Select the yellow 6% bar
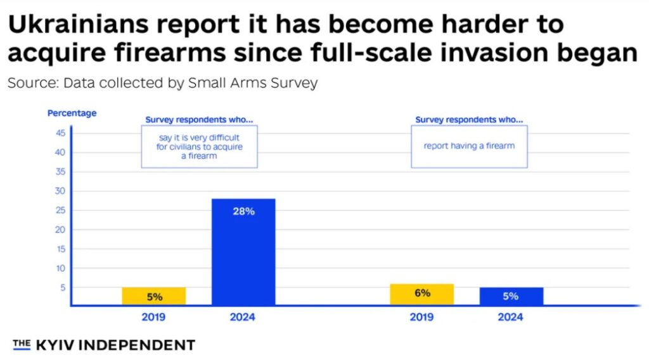click(x=421, y=295)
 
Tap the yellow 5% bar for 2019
click(x=154, y=296)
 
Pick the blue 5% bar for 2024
click(x=511, y=296)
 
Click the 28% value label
click(x=243, y=211)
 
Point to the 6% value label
click(x=422, y=293)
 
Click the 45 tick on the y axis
click(x=61, y=133)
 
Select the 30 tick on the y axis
click(x=61, y=191)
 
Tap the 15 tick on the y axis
click(x=61, y=249)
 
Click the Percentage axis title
click(x=72, y=113)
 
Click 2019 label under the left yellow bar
click(x=154, y=317)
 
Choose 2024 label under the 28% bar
click(x=243, y=317)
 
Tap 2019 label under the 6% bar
click(x=421, y=317)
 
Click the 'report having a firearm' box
click(x=469, y=146)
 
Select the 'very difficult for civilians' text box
click(x=199, y=146)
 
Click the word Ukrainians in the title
click(x=86, y=24)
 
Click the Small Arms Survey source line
click(x=162, y=83)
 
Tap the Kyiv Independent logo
click(x=104, y=345)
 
